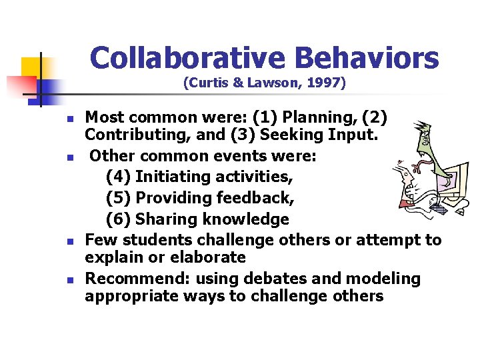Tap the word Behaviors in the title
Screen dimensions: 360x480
(x=367, y=58)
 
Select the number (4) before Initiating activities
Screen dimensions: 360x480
(x=117, y=177)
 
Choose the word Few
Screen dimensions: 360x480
(x=99, y=239)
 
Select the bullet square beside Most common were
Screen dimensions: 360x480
(x=68, y=119)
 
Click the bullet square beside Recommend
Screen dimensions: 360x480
(x=68, y=279)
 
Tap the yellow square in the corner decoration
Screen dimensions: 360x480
(x=32, y=67)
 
